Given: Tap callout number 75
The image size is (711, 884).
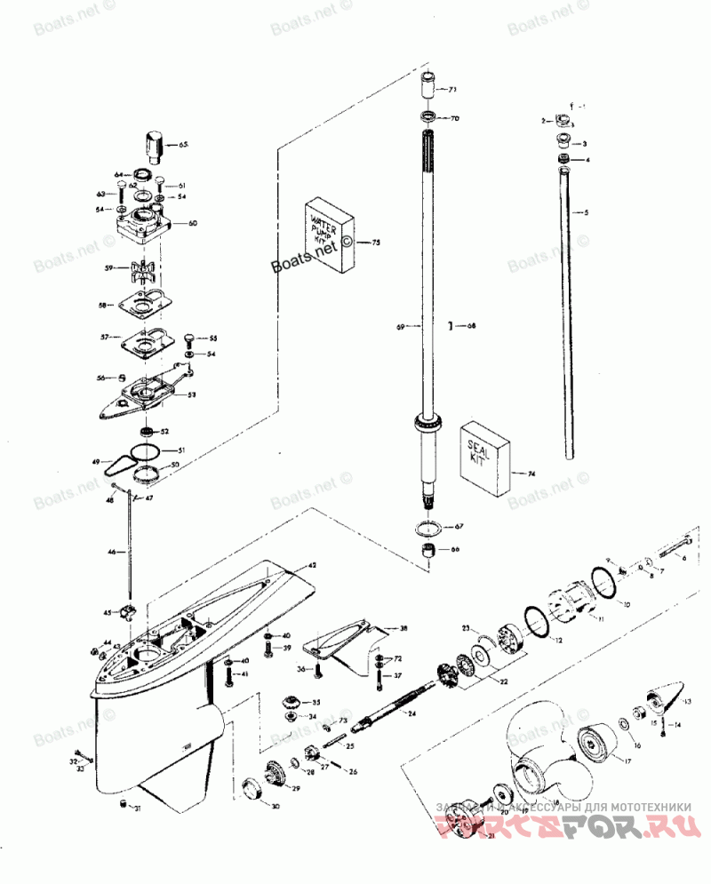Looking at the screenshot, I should pyautogui.click(x=375, y=242).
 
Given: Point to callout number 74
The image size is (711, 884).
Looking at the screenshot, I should pyautogui.click(x=532, y=474).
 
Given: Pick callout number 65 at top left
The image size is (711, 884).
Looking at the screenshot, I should pyautogui.click(x=184, y=144).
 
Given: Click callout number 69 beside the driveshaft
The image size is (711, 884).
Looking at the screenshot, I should pyautogui.click(x=401, y=328).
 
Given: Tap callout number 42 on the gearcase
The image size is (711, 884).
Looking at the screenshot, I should pyautogui.click(x=312, y=566).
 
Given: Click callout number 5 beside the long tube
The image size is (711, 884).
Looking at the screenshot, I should pyautogui.click(x=586, y=212).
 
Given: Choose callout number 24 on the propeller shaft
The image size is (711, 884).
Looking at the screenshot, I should pyautogui.click(x=411, y=713).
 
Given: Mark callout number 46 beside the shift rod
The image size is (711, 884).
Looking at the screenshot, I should pyautogui.click(x=112, y=553).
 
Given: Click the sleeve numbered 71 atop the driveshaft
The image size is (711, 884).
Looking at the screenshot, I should pyautogui.click(x=428, y=87).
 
